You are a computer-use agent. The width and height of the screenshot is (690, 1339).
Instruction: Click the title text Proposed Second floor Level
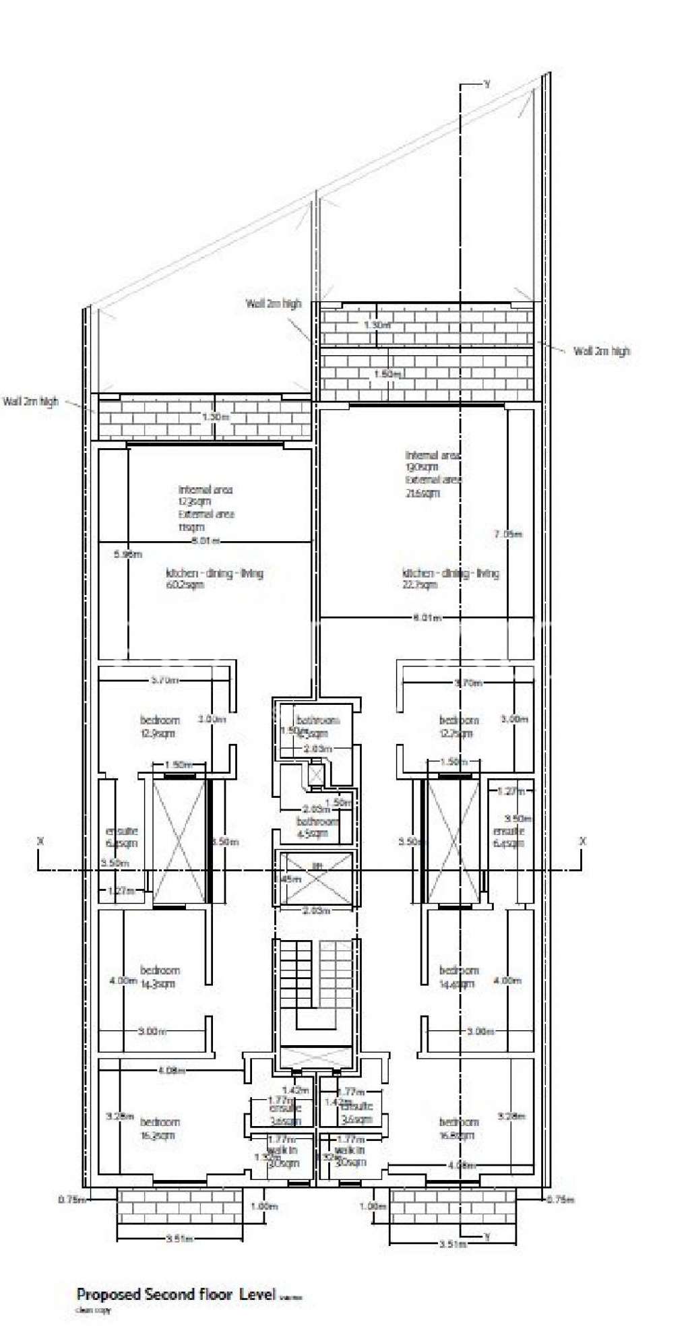pyautogui.click(x=176, y=1294)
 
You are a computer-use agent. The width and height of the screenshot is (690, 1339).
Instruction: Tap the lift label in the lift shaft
pyautogui.click(x=316, y=865)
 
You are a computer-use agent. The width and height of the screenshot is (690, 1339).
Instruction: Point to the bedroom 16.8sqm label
pyautogui.click(x=459, y=1128)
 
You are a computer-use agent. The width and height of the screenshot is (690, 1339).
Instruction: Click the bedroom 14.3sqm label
pyautogui.click(x=160, y=976)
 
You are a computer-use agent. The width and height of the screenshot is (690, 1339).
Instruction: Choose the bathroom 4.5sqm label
pyautogui.click(x=317, y=827)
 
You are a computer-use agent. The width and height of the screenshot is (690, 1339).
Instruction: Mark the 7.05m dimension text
pyautogui.click(x=508, y=534)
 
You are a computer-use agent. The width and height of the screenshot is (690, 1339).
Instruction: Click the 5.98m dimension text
pyautogui.click(x=128, y=555)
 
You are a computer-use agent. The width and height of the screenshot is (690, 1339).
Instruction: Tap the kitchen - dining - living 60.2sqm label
pyautogui.click(x=214, y=578)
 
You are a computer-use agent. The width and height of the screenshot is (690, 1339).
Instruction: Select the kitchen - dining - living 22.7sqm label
pyautogui.click(x=450, y=578)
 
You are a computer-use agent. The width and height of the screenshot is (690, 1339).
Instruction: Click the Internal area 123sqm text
pyautogui.click(x=205, y=495)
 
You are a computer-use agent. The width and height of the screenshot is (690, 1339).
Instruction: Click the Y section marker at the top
pyautogui.click(x=487, y=84)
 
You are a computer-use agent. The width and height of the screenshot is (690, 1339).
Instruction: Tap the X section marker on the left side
pyautogui.click(x=40, y=841)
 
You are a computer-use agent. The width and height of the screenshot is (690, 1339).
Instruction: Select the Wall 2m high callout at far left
pyautogui.click(x=31, y=401)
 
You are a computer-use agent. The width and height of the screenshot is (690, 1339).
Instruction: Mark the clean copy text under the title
pyautogui.click(x=93, y=1310)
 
